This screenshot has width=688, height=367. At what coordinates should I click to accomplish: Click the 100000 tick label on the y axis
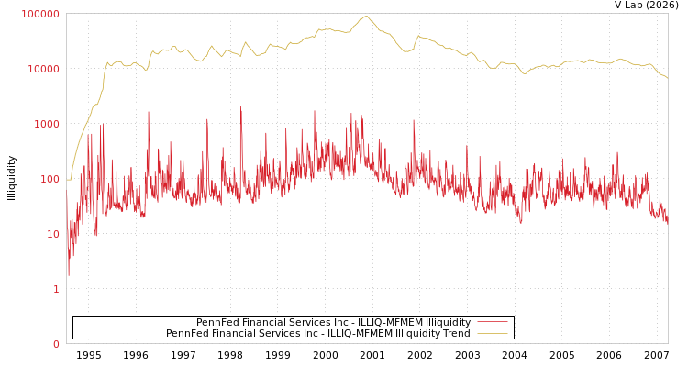click(40, 14)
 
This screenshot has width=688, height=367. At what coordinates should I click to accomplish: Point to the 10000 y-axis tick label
click(43, 69)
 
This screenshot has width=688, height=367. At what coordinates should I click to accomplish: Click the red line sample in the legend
click(493, 322)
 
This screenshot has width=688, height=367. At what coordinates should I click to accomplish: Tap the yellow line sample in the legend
click(493, 333)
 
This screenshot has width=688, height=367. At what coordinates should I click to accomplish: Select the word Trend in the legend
click(456, 333)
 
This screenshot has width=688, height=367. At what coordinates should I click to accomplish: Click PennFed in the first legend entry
click(215, 322)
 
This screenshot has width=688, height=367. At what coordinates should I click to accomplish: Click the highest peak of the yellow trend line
click(366, 16)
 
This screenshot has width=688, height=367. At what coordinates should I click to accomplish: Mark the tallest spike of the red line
click(241, 106)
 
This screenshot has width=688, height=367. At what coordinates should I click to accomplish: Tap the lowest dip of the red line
click(68, 275)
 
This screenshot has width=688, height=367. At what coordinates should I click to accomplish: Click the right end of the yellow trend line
click(668, 78)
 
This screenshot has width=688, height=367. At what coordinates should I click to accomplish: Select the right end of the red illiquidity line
click(668, 221)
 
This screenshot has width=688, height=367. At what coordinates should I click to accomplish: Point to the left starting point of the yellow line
click(67, 180)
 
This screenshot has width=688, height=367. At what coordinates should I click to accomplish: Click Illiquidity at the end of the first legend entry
click(444, 322)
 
